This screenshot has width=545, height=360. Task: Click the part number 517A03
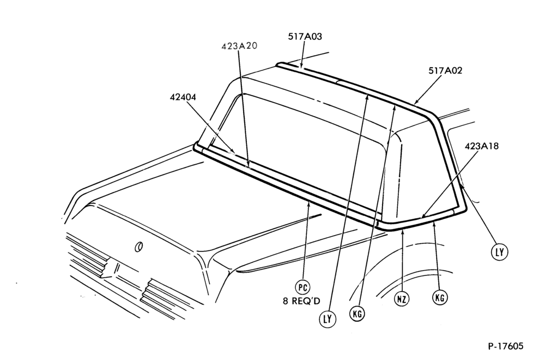pos(305,37)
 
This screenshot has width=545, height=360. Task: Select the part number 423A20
pos(239,46)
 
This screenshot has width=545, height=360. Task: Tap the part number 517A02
pos(445,70)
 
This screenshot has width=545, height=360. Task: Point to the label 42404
pos(183,98)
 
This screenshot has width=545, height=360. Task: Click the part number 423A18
pos(481,146)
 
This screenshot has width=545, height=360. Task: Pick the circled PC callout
pos(302,287)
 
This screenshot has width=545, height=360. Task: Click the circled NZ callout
pos(402,299)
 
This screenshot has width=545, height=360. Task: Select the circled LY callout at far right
pos(499,251)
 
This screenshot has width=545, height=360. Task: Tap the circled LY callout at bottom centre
pos(328,319)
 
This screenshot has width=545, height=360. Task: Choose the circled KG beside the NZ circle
pos(440,297)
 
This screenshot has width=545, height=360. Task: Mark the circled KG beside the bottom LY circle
pos(357,314)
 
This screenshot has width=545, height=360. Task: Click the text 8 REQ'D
pos(301,301)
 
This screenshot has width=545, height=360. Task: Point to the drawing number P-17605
pos(505,346)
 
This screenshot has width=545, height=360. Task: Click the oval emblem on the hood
pos(138,247)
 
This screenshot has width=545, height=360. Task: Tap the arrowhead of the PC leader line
pos(308,203)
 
